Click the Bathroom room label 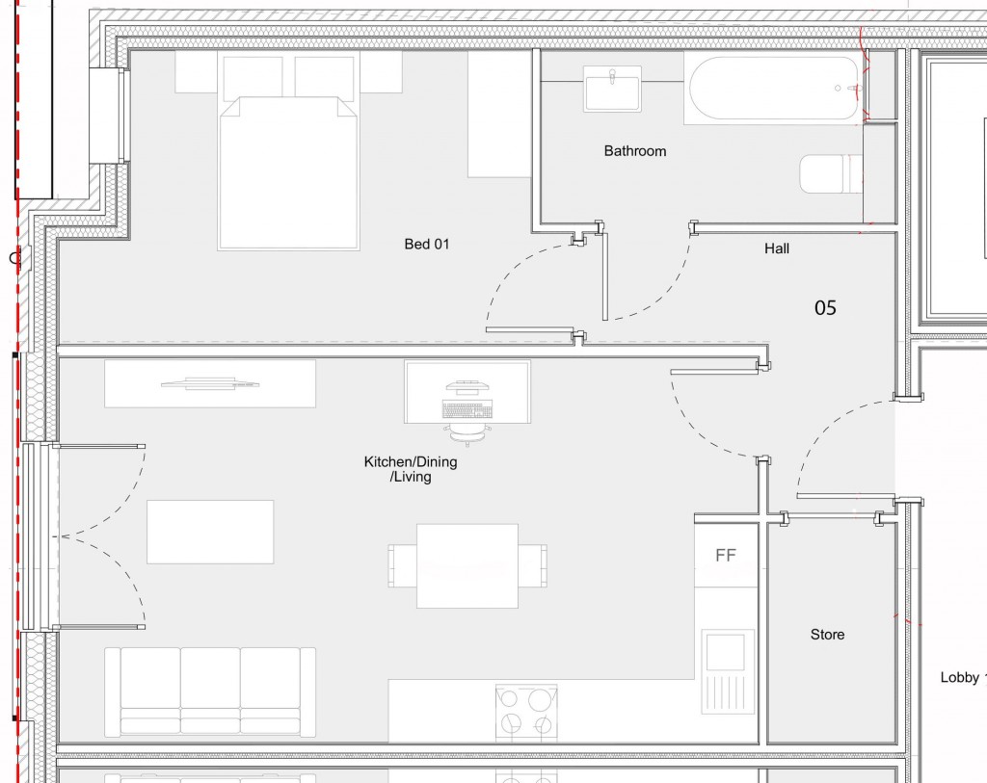pyautogui.click(x=634, y=151)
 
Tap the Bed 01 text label pyautogui.click(x=426, y=245)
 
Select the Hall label pyautogui.click(x=776, y=248)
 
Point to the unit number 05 pyautogui.click(x=825, y=308)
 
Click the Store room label pyautogui.click(x=827, y=635)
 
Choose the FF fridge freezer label pyautogui.click(x=726, y=556)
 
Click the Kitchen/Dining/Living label pyautogui.click(x=411, y=469)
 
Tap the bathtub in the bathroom pyautogui.click(x=774, y=89)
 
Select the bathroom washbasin pyautogui.click(x=612, y=90)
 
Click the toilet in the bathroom pyautogui.click(x=829, y=174)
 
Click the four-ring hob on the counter pyautogui.click(x=525, y=712)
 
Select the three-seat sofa pyautogui.click(x=210, y=691)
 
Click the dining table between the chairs pyautogui.click(x=467, y=565)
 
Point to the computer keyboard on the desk pyautogui.click(x=467, y=409)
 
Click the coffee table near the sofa pyautogui.click(x=210, y=531)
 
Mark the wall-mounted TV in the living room pyautogui.click(x=210, y=383)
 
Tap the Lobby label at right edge pyautogui.click(x=962, y=678)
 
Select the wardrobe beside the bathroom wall pyautogui.click(x=499, y=114)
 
